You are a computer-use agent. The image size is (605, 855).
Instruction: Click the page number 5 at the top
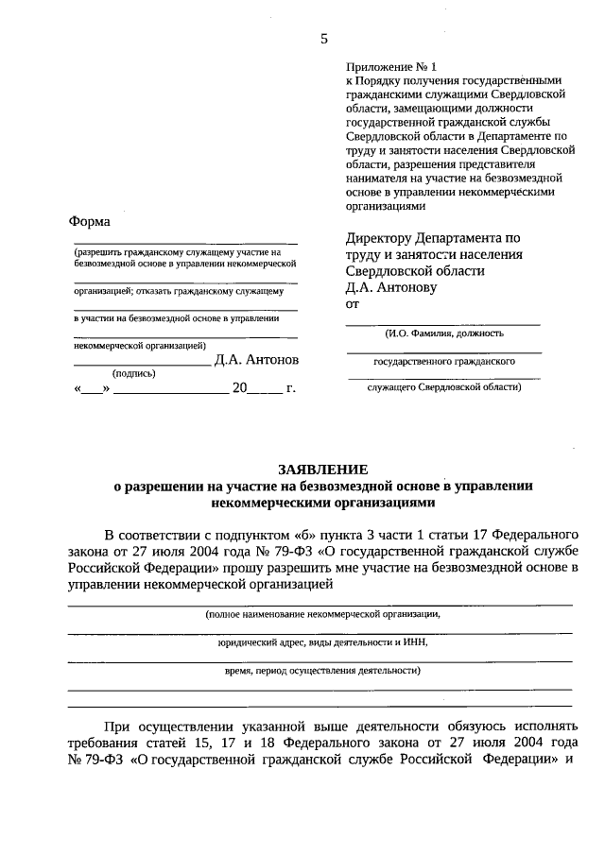pyautogui.click(x=324, y=39)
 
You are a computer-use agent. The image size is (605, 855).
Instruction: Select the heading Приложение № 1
pyautogui.click(x=392, y=67)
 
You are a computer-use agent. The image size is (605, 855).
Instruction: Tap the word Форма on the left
pyautogui.click(x=90, y=221)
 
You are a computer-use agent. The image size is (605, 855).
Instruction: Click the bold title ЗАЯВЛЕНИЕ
pyautogui.click(x=322, y=470)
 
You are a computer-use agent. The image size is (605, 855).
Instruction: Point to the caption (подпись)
pyautogui.click(x=133, y=373)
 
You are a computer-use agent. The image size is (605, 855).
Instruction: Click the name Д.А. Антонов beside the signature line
pyautogui.click(x=256, y=360)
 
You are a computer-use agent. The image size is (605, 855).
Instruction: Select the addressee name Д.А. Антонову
pyautogui.click(x=391, y=287)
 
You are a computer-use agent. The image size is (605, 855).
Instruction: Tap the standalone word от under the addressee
pyautogui.click(x=354, y=304)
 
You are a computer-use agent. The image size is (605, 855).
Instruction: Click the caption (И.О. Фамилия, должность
pyautogui.click(x=443, y=333)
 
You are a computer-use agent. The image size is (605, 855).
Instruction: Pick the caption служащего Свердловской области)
pyautogui.click(x=443, y=386)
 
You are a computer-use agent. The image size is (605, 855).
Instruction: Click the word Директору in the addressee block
pyautogui.click(x=378, y=237)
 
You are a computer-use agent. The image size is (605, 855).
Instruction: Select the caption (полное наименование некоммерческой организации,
pyautogui.click(x=322, y=613)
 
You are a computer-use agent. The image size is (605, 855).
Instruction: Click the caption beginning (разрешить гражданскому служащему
pyautogui.click(x=179, y=253)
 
